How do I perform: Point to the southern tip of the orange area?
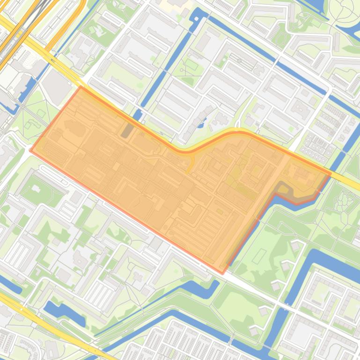pos(222,273)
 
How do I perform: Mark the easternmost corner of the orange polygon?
pos(331,173)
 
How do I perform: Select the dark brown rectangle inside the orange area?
pos(126,130)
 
